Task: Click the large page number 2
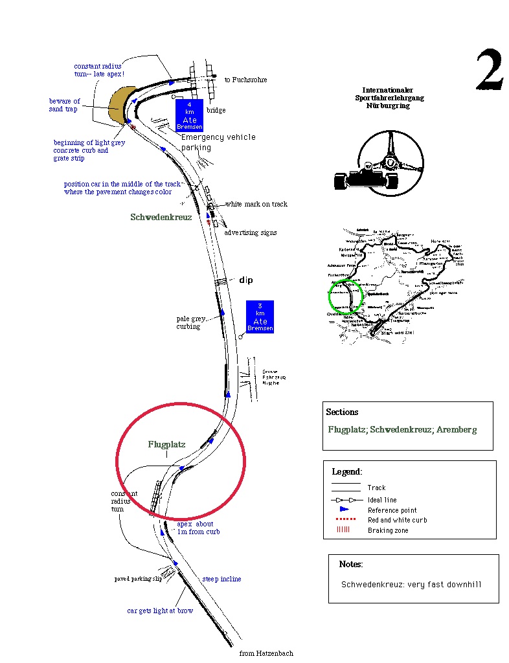point(490,70)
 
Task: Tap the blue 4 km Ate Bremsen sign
point(189,115)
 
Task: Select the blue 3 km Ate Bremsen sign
point(260,317)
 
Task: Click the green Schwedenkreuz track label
point(161,218)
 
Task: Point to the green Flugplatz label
point(166,445)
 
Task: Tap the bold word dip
point(246,280)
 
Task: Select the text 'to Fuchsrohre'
point(245,80)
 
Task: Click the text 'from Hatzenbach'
point(266,653)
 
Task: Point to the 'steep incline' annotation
point(221,579)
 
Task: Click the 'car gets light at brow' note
point(159,611)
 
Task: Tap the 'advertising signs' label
point(250,232)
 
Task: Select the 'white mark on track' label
point(256,205)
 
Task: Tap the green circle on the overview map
point(345,298)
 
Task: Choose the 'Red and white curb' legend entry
point(397,520)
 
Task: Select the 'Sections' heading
point(342,412)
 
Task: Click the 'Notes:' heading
point(351,565)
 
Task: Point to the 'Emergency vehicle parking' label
point(218,142)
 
